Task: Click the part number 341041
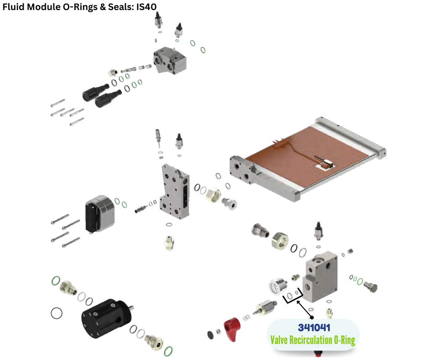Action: pyautogui.click(x=314, y=328)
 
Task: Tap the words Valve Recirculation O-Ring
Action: pyautogui.click(x=313, y=340)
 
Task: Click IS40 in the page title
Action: pyautogui.click(x=146, y=6)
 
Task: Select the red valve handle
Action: pyautogui.click(x=232, y=329)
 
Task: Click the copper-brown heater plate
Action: pyautogui.click(x=303, y=156)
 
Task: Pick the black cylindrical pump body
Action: pyautogui.click(x=107, y=318)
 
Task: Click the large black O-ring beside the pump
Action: pyautogui.click(x=57, y=313)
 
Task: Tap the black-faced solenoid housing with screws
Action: pyautogui.click(x=99, y=214)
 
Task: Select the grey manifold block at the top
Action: pyautogui.click(x=170, y=60)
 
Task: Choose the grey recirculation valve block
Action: pyautogui.click(x=320, y=277)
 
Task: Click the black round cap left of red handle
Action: pyautogui.click(x=210, y=335)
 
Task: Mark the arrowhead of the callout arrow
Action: pyautogui.click(x=298, y=302)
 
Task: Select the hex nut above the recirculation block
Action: pyautogui.click(x=280, y=241)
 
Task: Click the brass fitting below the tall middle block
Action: pyautogui.click(x=169, y=243)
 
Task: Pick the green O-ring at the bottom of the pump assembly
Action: pyautogui.click(x=168, y=351)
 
